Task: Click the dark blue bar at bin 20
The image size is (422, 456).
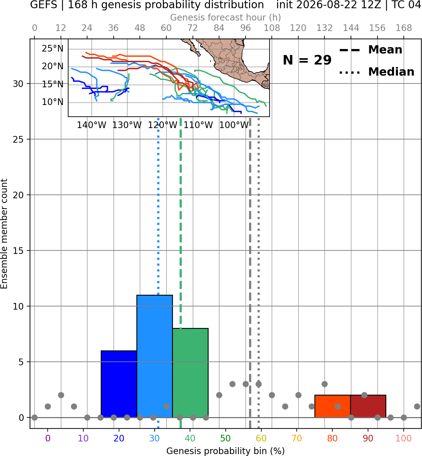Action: tap(119, 384)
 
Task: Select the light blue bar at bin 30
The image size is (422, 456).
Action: tap(154, 356)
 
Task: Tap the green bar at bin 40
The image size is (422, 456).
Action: tap(190, 373)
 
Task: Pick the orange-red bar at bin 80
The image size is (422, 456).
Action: tap(333, 406)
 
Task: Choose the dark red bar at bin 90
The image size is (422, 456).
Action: tap(368, 406)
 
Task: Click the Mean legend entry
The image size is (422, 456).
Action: tap(371, 50)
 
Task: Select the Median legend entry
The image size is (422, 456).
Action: tap(377, 72)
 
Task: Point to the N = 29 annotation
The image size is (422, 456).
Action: tap(307, 60)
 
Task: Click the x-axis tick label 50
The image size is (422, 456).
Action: tap(225, 438)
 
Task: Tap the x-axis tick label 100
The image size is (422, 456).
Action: tap(404, 438)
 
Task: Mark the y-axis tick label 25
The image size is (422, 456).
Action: tap(18, 139)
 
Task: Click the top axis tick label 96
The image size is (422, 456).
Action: tap(246, 28)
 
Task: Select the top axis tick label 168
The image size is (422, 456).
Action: tap(404, 28)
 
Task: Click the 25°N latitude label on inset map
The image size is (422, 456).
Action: tap(52, 49)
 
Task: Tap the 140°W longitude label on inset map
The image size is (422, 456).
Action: tap(92, 125)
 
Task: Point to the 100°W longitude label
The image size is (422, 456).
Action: tap(234, 125)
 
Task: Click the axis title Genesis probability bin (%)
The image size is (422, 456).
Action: tap(226, 451)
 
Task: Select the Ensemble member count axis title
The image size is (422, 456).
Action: tap(4, 234)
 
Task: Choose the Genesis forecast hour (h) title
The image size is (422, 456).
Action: tap(226, 17)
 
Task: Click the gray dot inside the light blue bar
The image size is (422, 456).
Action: tap(167, 406)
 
